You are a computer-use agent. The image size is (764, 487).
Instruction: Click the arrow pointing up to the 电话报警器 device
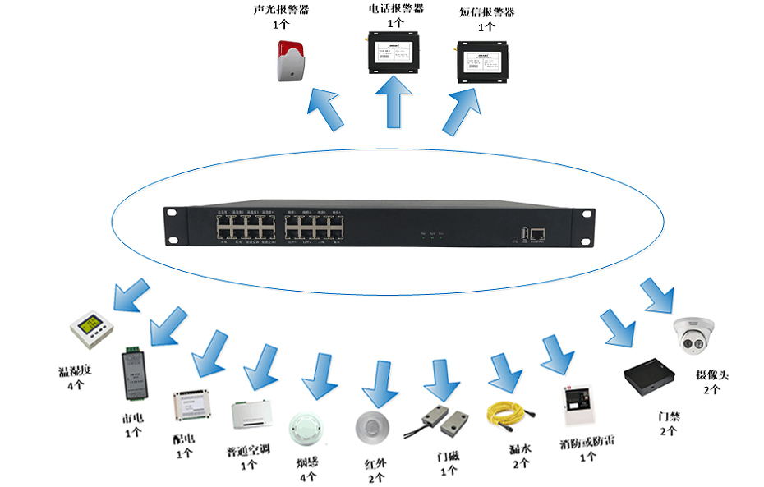[394, 102]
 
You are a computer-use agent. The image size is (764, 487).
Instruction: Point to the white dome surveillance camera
[695, 336]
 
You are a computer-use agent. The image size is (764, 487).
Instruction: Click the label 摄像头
[712, 375]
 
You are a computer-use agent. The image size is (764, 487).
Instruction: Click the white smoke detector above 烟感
[307, 426]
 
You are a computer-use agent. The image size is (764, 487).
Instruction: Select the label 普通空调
[249, 449]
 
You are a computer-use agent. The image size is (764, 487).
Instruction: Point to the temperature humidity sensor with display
[88, 331]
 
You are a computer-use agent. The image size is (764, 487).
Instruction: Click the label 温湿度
[75, 370]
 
